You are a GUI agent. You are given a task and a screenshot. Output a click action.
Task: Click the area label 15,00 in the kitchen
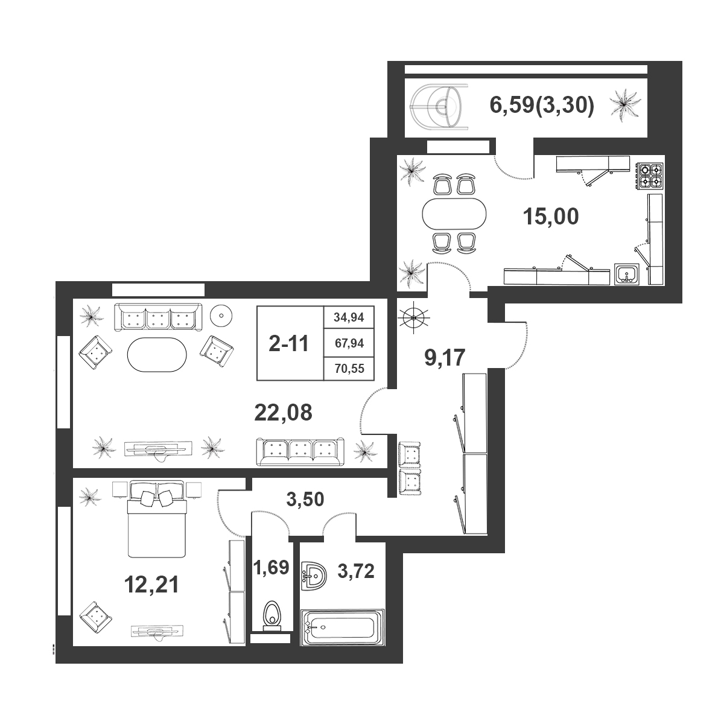(551, 217)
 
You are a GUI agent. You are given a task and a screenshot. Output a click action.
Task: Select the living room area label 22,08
(284, 413)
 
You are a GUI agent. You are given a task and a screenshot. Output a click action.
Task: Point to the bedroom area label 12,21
(151, 585)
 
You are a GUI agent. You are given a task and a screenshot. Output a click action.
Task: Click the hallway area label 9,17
(445, 357)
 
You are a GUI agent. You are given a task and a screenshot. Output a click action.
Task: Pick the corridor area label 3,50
(305, 500)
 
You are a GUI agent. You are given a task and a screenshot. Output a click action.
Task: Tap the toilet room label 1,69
(271, 567)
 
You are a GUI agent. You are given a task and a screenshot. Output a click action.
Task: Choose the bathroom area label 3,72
(356, 571)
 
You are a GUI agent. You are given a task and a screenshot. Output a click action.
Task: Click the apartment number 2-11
(288, 344)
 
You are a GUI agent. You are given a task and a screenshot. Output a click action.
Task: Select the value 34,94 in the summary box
(349, 318)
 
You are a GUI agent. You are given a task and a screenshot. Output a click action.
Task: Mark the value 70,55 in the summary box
(349, 369)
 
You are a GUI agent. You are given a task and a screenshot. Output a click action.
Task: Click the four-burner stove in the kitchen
(650, 176)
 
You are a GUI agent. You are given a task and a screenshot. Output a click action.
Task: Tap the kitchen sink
(627, 275)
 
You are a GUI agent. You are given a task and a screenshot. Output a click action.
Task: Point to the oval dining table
(454, 214)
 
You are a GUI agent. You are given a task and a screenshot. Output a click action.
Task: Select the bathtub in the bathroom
(342, 627)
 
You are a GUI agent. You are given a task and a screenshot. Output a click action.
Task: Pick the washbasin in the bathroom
(314, 577)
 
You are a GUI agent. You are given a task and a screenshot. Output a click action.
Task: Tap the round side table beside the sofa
(221, 316)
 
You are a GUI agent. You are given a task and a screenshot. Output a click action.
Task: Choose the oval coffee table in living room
(157, 355)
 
